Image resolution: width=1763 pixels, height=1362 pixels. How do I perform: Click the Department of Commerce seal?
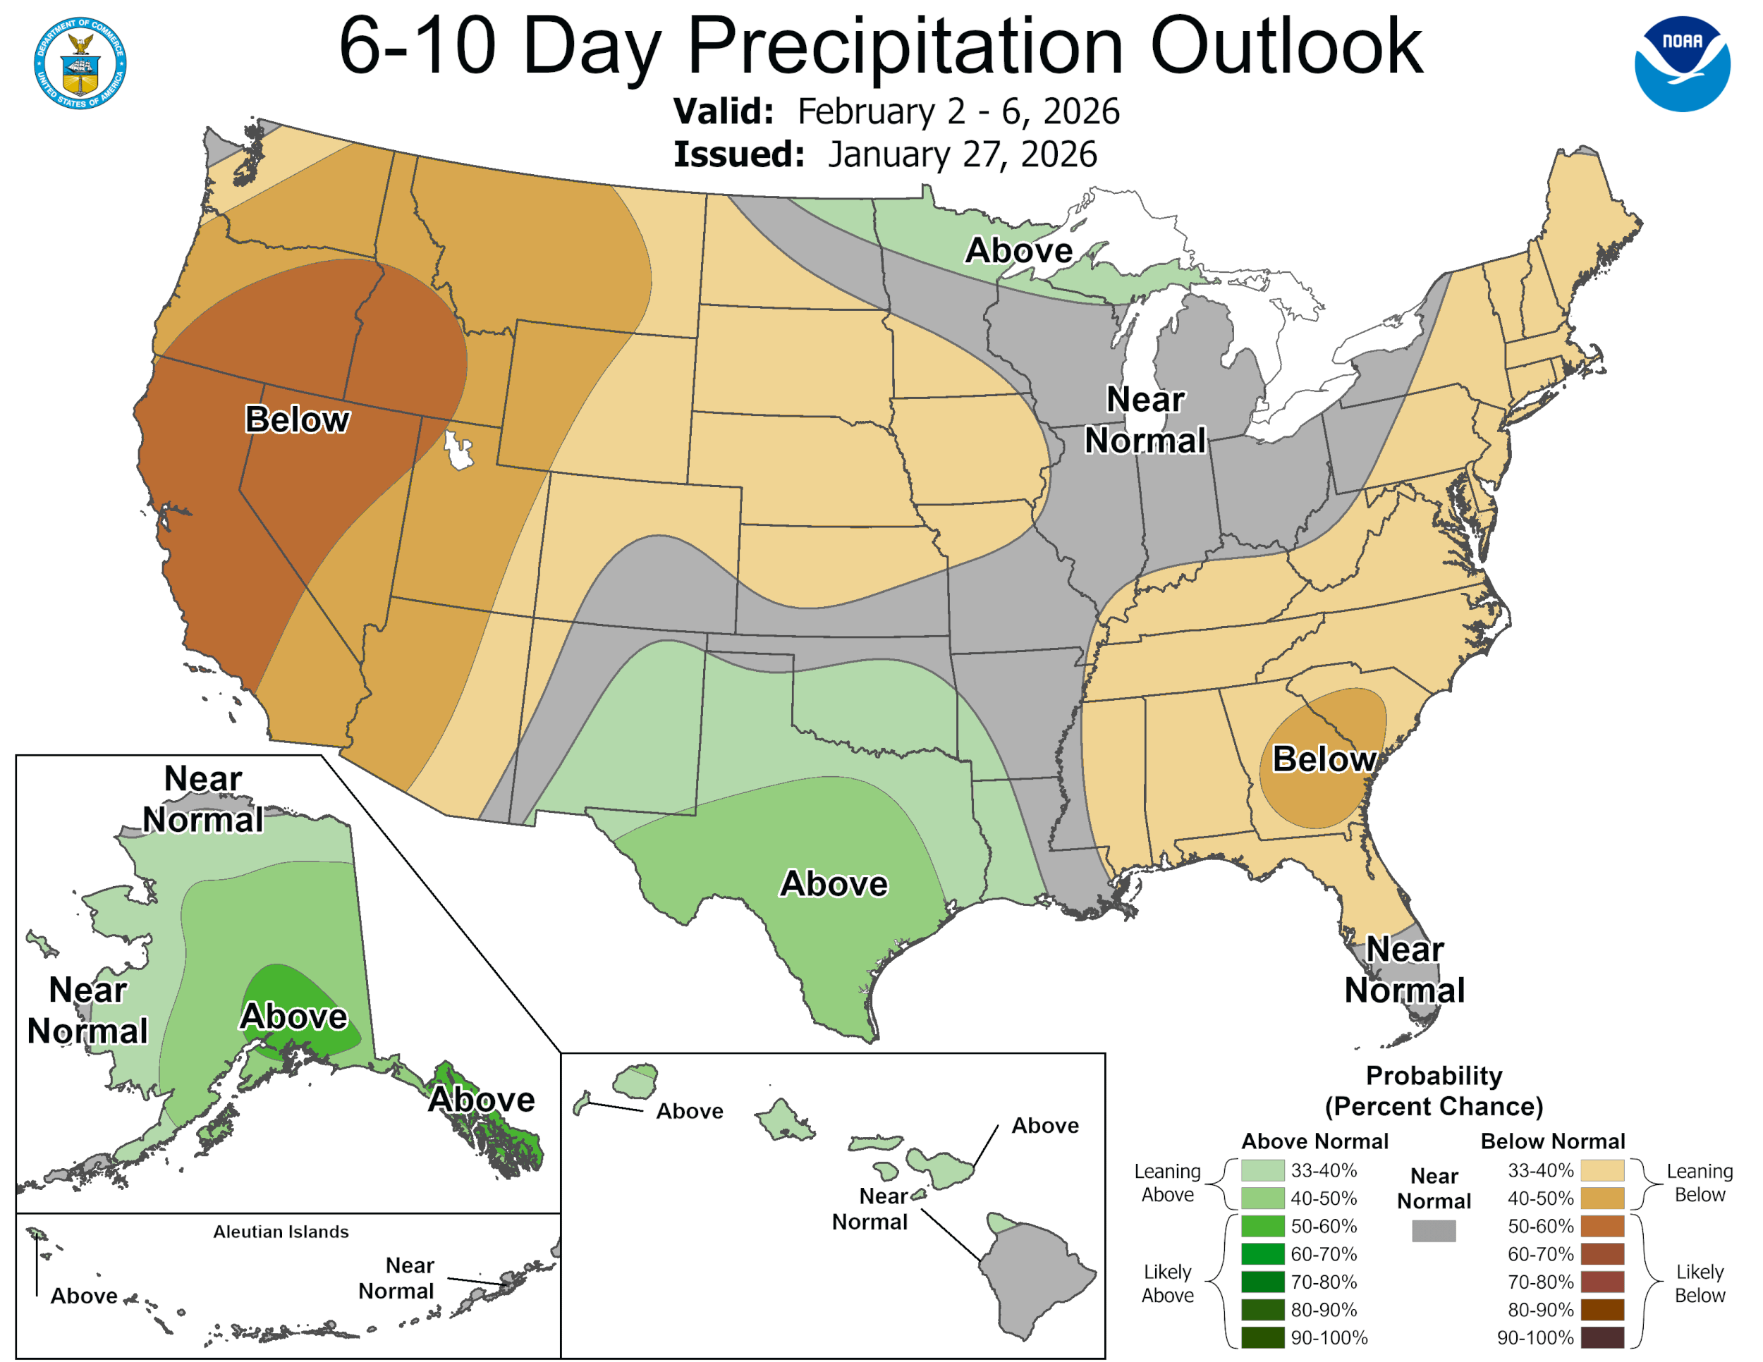[80, 63]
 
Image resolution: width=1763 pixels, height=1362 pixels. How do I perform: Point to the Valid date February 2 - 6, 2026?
[958, 111]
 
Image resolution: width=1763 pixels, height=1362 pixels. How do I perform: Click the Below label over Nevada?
[297, 419]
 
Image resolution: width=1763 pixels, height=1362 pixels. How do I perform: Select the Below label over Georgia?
[1324, 759]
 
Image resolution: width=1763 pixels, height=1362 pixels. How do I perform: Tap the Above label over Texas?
[834, 883]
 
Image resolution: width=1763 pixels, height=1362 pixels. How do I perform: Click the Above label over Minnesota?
[1019, 250]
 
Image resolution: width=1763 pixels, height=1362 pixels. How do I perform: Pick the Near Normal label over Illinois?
[1145, 419]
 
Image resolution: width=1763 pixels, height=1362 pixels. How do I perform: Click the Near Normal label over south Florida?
[1404, 969]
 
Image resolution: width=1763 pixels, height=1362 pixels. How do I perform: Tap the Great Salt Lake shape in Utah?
[458, 450]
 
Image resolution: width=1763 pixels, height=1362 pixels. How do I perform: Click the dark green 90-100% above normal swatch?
[1262, 1337]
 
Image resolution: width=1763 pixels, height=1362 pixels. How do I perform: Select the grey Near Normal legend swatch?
[1434, 1230]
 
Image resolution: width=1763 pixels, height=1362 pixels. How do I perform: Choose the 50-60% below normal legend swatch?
[1602, 1226]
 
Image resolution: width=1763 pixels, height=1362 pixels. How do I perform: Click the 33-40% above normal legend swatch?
[1262, 1170]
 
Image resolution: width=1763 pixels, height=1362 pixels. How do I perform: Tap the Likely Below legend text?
[1700, 1283]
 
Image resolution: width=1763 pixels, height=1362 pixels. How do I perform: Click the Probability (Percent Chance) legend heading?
[1434, 1090]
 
